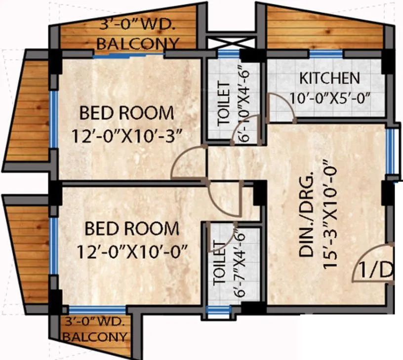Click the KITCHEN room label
(x=330, y=78)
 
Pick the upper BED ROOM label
(x=127, y=113)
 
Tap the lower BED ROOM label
(x=131, y=229)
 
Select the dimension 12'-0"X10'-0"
(x=133, y=252)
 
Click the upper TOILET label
(x=224, y=104)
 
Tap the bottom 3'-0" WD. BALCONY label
(x=95, y=330)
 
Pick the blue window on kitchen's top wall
(x=325, y=54)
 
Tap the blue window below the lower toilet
(x=218, y=311)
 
